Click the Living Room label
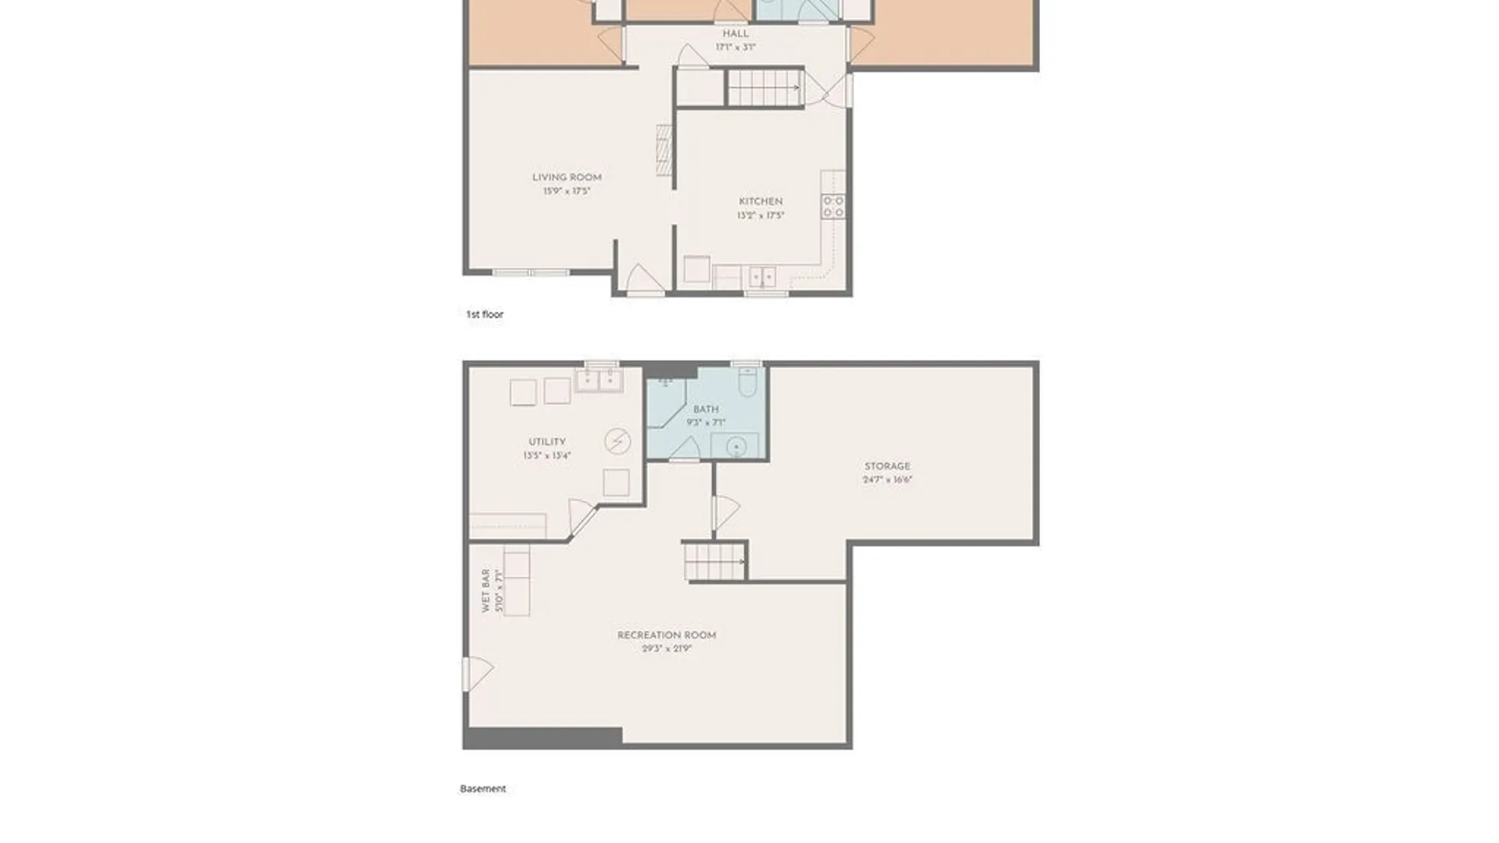[x=567, y=177]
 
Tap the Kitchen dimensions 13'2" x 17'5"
[x=760, y=215]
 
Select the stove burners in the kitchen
[x=833, y=207]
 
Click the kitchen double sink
[x=762, y=277]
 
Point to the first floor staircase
[x=765, y=87]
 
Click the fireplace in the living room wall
[x=664, y=150]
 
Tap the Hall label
[x=735, y=34]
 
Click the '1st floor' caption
[x=484, y=315]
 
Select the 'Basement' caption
[x=482, y=789]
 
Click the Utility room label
[x=547, y=442]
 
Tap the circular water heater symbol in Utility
[x=618, y=442]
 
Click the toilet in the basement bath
[x=747, y=382]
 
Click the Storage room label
[x=887, y=466]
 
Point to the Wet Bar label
[x=486, y=590]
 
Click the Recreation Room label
[x=666, y=635]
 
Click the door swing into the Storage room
[x=725, y=512]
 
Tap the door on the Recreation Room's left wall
[x=477, y=674]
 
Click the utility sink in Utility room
[x=599, y=381]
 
